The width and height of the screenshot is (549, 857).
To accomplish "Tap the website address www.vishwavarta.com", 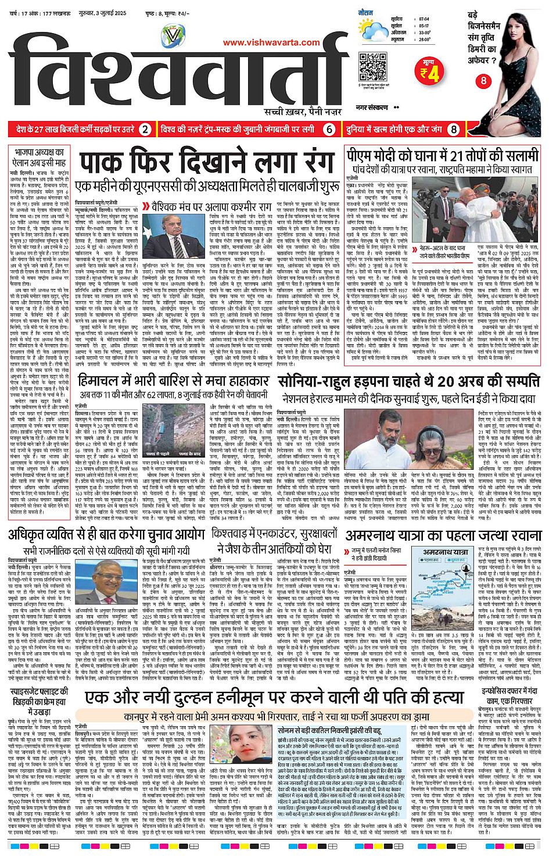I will pos(271,42).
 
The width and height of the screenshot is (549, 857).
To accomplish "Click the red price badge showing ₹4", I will pos(430,72).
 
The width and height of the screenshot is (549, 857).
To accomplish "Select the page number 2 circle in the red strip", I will pos(145,129).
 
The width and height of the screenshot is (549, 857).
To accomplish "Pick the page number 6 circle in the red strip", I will pos(329,129).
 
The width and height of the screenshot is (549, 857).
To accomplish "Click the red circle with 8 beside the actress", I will pos(483,81).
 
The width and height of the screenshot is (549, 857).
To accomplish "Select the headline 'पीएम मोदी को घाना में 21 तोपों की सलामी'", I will pos(443,156).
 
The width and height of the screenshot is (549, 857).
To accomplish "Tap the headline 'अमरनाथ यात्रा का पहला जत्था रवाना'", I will pos(444,535).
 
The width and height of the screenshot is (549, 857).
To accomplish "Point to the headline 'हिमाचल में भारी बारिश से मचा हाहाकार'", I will pos(174,382).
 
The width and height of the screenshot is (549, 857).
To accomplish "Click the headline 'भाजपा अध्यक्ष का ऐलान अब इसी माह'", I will pos(40,158).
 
